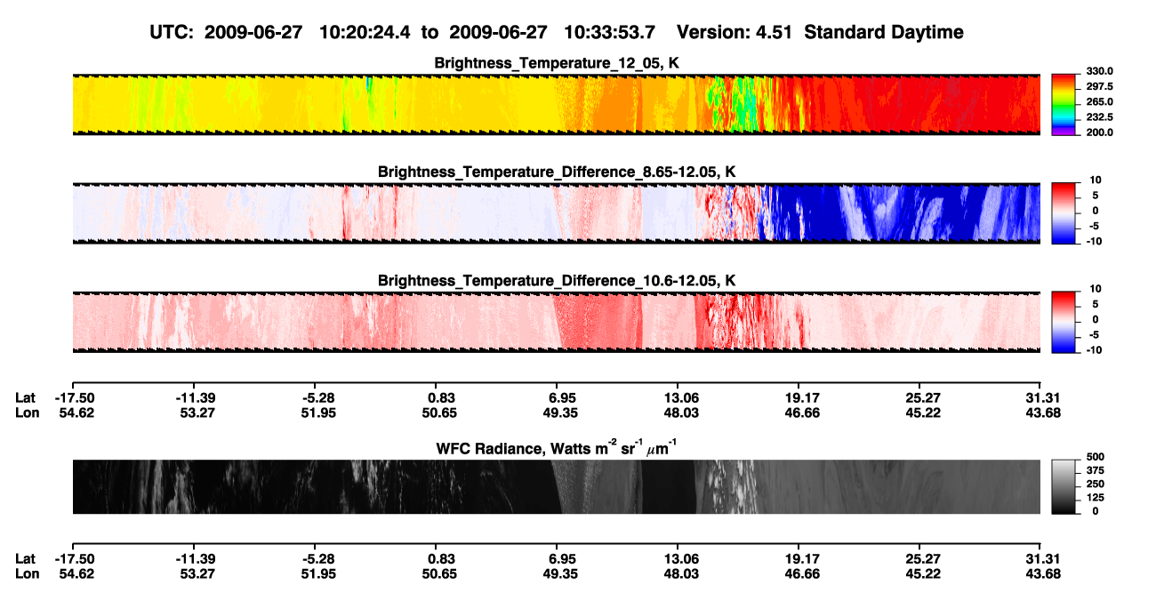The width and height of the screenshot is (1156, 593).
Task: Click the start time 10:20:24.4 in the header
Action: pyautogui.click(x=365, y=33)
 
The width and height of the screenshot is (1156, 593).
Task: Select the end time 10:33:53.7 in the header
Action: pyautogui.click(x=609, y=33)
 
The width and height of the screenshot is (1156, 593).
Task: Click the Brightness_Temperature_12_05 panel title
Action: pyautogui.click(x=557, y=63)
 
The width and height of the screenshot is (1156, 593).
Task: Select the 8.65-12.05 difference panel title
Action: pyautogui.click(x=557, y=172)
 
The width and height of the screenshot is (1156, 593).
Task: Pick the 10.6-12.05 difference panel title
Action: pyautogui.click(x=557, y=281)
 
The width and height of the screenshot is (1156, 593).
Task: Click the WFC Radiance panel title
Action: pyautogui.click(x=557, y=447)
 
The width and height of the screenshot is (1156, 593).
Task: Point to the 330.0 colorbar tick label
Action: pyautogui.click(x=1099, y=71)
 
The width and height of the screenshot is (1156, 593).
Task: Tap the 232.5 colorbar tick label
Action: pyautogui.click(x=1099, y=117)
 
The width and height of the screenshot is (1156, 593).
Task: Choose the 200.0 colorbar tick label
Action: pyautogui.click(x=1099, y=132)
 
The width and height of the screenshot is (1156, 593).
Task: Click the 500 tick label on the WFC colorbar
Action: pyautogui.click(x=1095, y=457)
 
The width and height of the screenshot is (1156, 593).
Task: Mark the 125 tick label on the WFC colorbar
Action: pyautogui.click(x=1095, y=498)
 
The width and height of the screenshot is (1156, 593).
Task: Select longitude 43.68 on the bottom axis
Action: pyautogui.click(x=1043, y=574)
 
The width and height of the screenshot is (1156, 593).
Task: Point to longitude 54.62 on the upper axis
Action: pyautogui.click(x=76, y=413)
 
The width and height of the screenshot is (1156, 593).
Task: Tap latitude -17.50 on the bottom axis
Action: pyautogui.click(x=75, y=559)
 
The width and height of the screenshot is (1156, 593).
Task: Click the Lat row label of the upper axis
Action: pyautogui.click(x=25, y=398)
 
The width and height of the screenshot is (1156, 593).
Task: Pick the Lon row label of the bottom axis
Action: pyautogui.click(x=27, y=574)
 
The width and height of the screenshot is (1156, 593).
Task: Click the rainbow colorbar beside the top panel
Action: pyautogui.click(x=1064, y=105)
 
